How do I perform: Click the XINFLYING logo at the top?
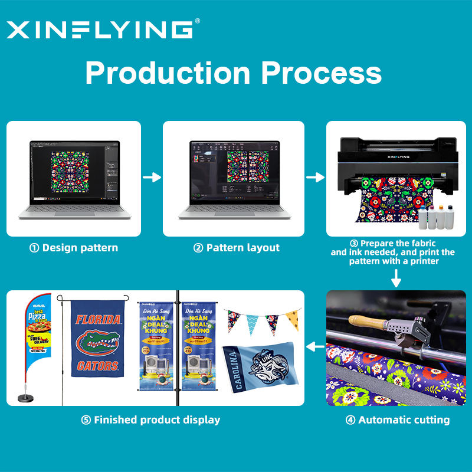[100, 29]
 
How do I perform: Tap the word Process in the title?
[322, 73]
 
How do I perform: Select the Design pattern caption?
[74, 248]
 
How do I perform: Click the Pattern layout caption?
[237, 248]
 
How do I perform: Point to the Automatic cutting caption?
[397, 420]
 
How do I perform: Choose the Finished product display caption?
[150, 420]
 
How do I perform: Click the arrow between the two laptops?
[152, 177]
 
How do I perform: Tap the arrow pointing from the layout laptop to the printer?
[315, 177]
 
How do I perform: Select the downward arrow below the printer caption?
[396, 277]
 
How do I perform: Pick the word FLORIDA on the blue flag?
[98, 320]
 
